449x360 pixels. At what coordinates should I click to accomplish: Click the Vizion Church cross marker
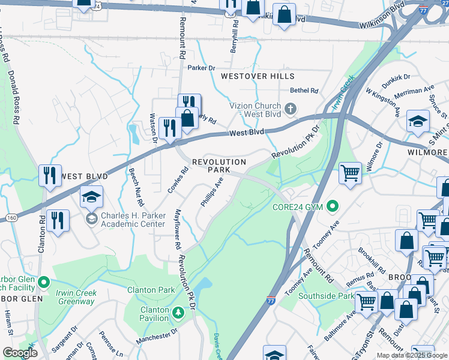[291, 109]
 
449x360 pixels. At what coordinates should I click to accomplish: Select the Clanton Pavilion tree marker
[178, 313]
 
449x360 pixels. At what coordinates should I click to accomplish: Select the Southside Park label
[327, 296]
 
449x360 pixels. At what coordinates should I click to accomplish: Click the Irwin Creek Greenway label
[76, 296]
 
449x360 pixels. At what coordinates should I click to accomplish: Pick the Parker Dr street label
[201, 68]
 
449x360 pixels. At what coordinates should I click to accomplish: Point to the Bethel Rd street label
[304, 91]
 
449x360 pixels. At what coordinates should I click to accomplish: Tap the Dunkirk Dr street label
[396, 77]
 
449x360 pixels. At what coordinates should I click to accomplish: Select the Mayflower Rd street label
[178, 229]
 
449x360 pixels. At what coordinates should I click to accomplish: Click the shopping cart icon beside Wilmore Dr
[350, 173]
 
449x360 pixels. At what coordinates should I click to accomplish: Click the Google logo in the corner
[20, 353]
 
